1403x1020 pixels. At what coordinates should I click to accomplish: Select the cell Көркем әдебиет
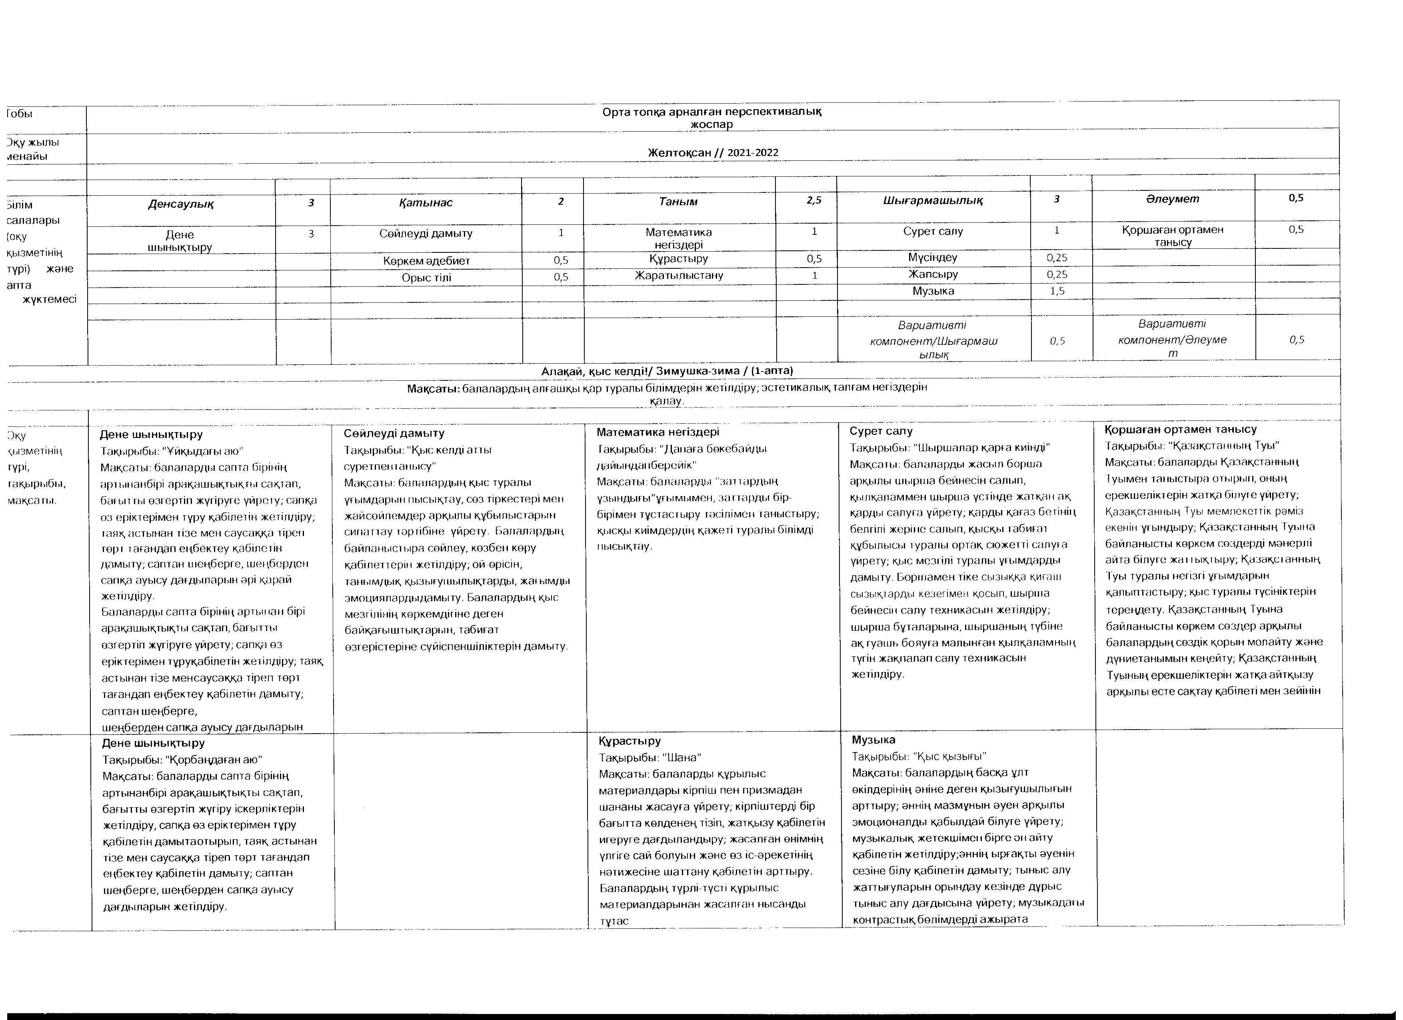tap(426, 260)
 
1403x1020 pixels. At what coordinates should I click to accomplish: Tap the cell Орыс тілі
tap(426, 278)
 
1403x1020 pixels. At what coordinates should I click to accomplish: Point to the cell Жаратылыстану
tap(679, 275)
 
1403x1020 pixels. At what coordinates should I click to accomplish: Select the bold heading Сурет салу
tap(881, 431)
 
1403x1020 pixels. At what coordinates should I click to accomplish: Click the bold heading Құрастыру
tap(630, 740)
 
